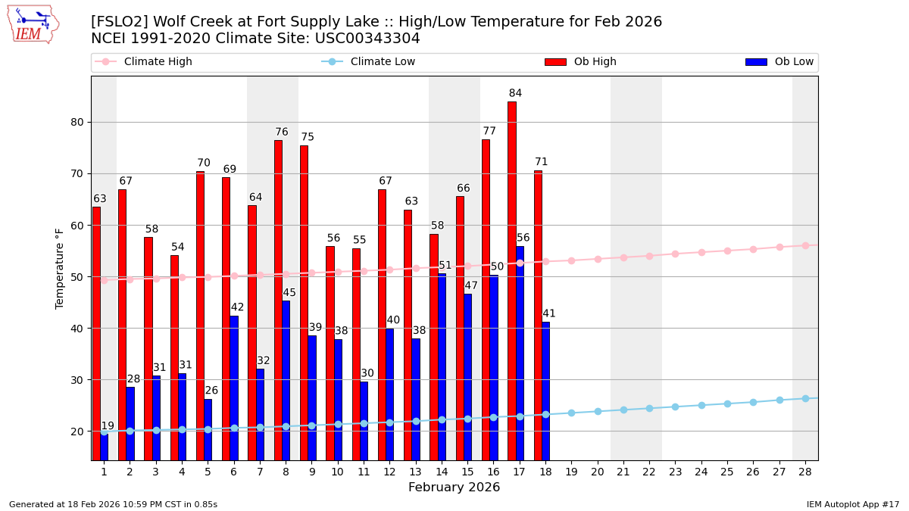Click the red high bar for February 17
tap(512, 280)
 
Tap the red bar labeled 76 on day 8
tap(278, 300)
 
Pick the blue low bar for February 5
tap(208, 429)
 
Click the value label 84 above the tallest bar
tap(515, 94)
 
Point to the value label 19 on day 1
tap(108, 426)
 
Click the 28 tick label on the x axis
tap(805, 472)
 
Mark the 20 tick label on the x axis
tap(597, 472)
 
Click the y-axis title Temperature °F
tap(60, 268)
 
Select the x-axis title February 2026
tap(454, 488)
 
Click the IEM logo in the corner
tap(33, 24)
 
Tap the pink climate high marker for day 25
tap(727, 251)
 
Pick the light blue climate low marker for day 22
tap(649, 408)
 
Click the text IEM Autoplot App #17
tap(852, 504)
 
